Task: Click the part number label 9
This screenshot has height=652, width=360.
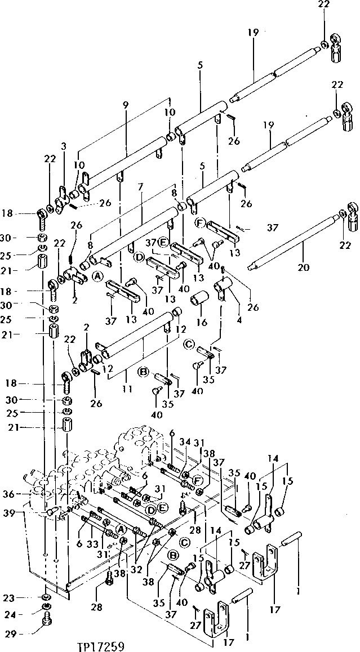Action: pyautogui.click(x=125, y=105)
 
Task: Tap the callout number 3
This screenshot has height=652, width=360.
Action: pyautogui.click(x=64, y=146)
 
